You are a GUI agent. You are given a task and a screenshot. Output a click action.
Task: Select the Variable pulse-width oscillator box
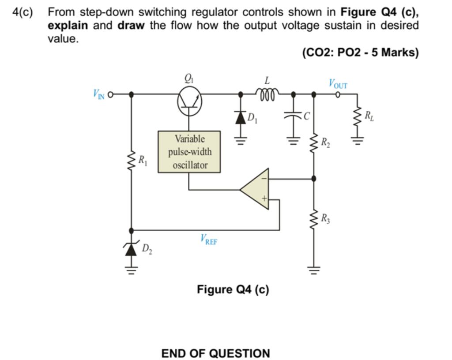coord(189,152)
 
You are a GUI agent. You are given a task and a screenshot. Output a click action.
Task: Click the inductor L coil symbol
coord(266,94)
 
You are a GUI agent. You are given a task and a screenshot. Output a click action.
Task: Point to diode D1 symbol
coord(241,117)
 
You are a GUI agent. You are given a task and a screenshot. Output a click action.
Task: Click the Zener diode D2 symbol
coord(131,250)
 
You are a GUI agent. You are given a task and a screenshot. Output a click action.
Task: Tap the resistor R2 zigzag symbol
coord(313,143)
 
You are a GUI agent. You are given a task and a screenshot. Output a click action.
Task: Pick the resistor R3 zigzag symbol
coord(313,218)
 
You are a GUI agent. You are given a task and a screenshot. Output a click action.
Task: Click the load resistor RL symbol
coord(357,117)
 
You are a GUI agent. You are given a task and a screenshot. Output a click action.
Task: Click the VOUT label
coord(338,83)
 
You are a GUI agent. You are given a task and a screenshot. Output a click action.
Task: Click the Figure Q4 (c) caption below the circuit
coord(233,289)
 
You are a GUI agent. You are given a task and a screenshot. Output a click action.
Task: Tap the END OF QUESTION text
coord(215,353)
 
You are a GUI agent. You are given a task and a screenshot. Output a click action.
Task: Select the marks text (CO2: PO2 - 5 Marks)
coord(360,52)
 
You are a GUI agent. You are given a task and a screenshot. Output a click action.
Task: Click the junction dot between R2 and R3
coord(313,179)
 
